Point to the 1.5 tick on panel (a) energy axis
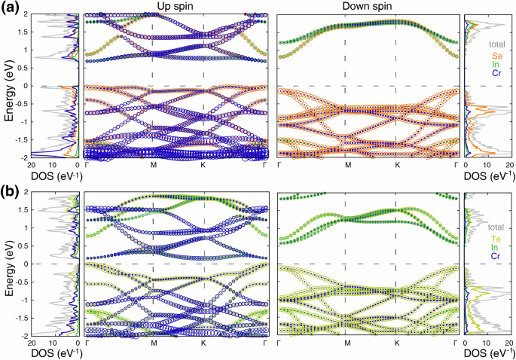[70, 32]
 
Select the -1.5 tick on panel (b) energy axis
[69, 318]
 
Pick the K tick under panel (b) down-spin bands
[396, 343]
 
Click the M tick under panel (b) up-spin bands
[153, 343]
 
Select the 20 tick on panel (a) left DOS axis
[31, 165]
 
